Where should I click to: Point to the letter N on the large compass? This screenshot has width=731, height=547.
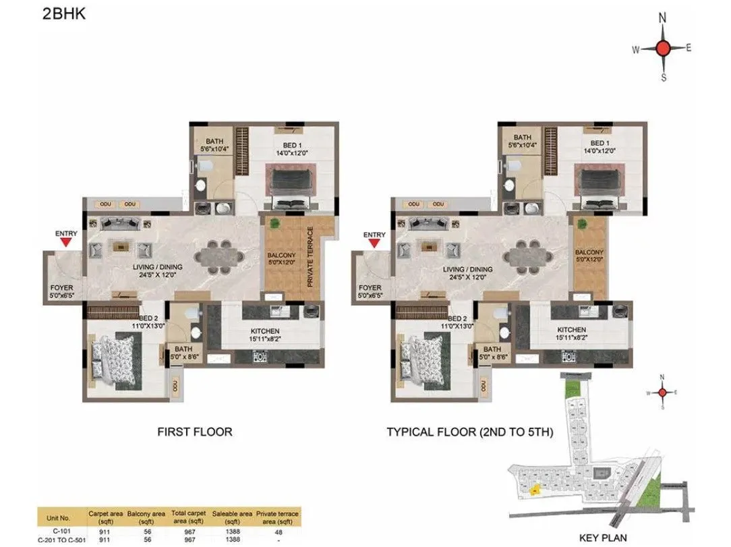(x=663, y=18)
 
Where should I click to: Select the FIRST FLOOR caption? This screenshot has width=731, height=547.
(x=194, y=432)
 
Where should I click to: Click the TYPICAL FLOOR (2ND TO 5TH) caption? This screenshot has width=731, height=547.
(x=470, y=432)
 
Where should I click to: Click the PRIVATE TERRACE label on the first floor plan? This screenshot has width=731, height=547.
(x=311, y=257)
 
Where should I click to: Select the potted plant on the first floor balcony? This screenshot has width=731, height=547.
(x=274, y=223)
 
